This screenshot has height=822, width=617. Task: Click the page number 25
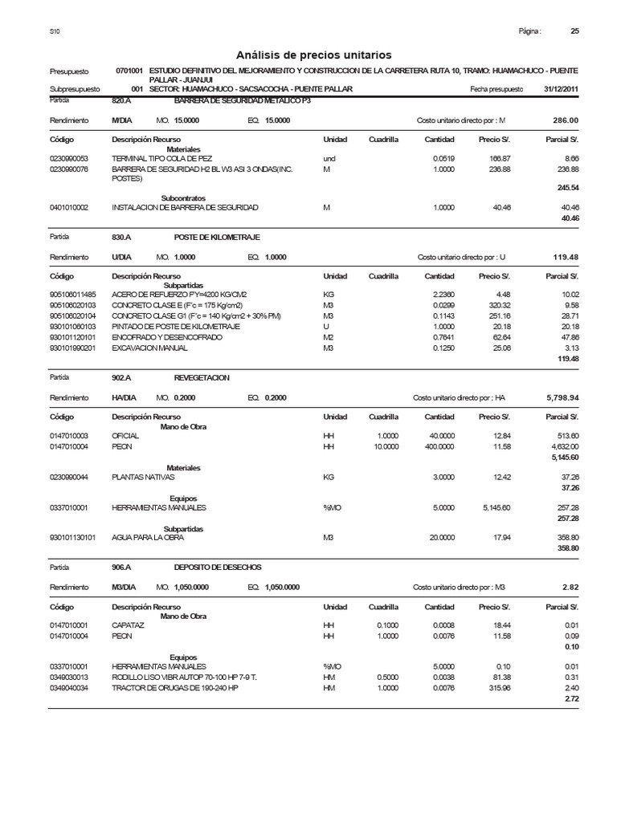pos(574,31)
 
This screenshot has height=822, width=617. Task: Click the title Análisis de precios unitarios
pos(314,55)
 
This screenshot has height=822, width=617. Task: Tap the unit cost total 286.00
pos(566,120)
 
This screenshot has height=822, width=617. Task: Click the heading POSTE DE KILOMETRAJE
pos(217,238)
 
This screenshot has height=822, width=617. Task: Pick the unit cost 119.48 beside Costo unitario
pos(566,257)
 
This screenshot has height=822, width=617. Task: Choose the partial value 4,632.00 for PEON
pos(563,446)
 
